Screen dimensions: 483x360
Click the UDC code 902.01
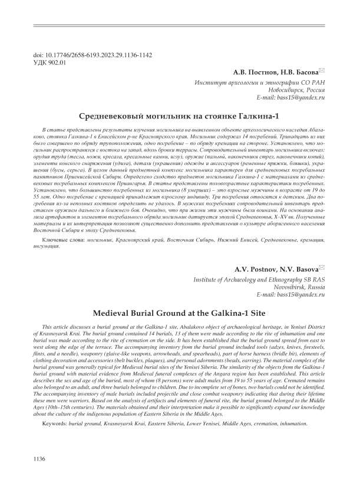[49, 61]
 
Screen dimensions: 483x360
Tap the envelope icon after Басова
[322, 71]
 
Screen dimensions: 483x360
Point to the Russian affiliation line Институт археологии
[260, 82]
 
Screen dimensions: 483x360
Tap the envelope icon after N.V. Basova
[322, 269]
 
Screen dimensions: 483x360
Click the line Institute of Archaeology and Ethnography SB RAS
[259, 280]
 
